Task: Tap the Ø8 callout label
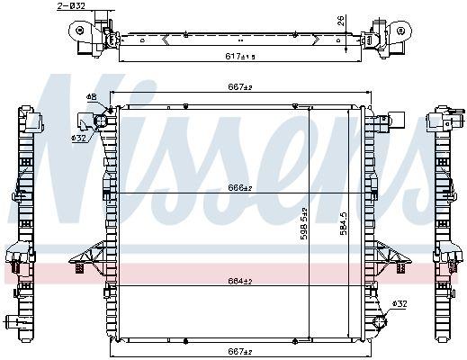(91, 96)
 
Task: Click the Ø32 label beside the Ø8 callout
(79, 138)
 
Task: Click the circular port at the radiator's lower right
(382, 321)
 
